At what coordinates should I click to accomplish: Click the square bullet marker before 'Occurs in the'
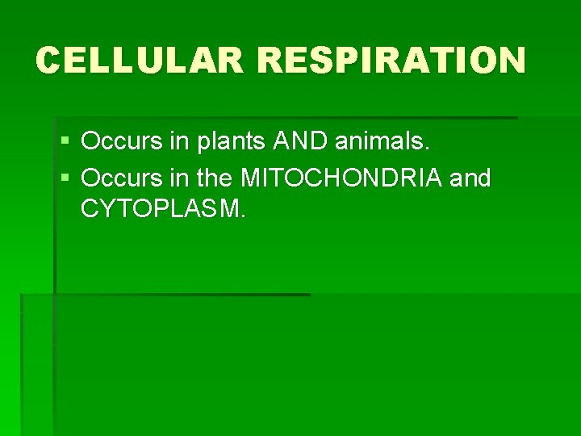(65, 178)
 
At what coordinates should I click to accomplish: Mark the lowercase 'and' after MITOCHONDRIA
(470, 178)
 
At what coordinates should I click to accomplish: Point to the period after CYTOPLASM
(243, 216)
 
